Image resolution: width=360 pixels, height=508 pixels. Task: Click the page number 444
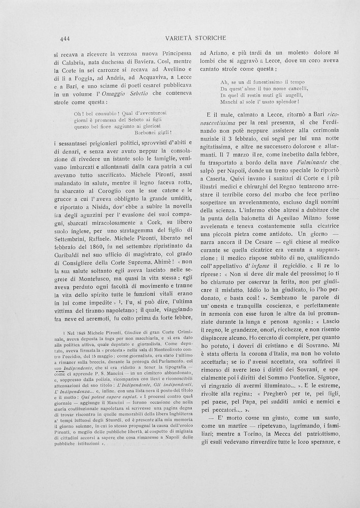(64, 38)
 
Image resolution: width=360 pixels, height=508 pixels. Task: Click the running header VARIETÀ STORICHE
(195, 38)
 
